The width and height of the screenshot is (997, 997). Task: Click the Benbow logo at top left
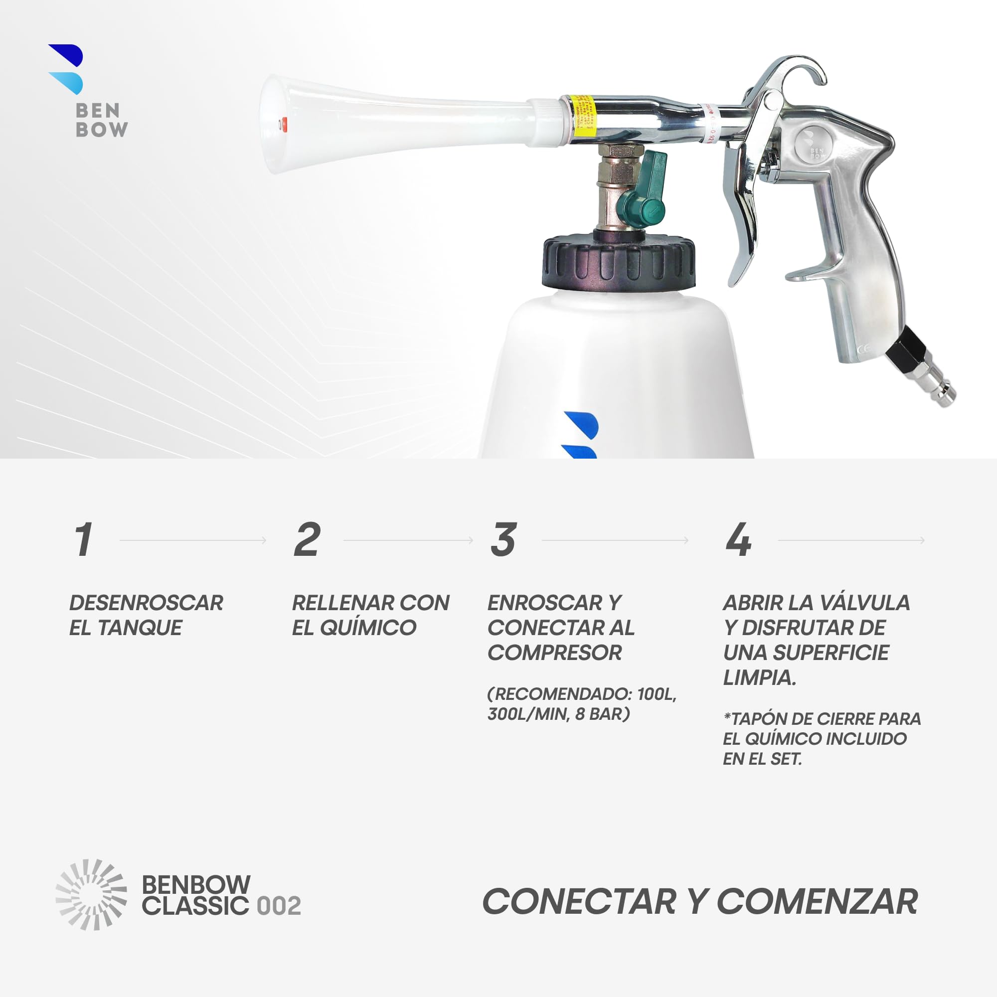88,91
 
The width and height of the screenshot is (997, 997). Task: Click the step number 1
83,540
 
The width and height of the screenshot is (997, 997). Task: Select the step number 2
307,540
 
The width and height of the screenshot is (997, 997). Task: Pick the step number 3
503,540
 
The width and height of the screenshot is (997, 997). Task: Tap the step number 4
738,540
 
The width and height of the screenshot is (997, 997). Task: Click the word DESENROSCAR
146,603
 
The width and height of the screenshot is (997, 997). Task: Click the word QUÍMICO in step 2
367,628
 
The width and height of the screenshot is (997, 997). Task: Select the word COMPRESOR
555,653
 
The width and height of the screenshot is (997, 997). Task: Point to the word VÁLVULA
864,603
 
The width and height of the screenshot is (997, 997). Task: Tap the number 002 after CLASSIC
279,906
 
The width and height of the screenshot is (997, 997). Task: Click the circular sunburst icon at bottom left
91,895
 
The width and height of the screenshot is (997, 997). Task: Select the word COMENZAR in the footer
818,901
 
